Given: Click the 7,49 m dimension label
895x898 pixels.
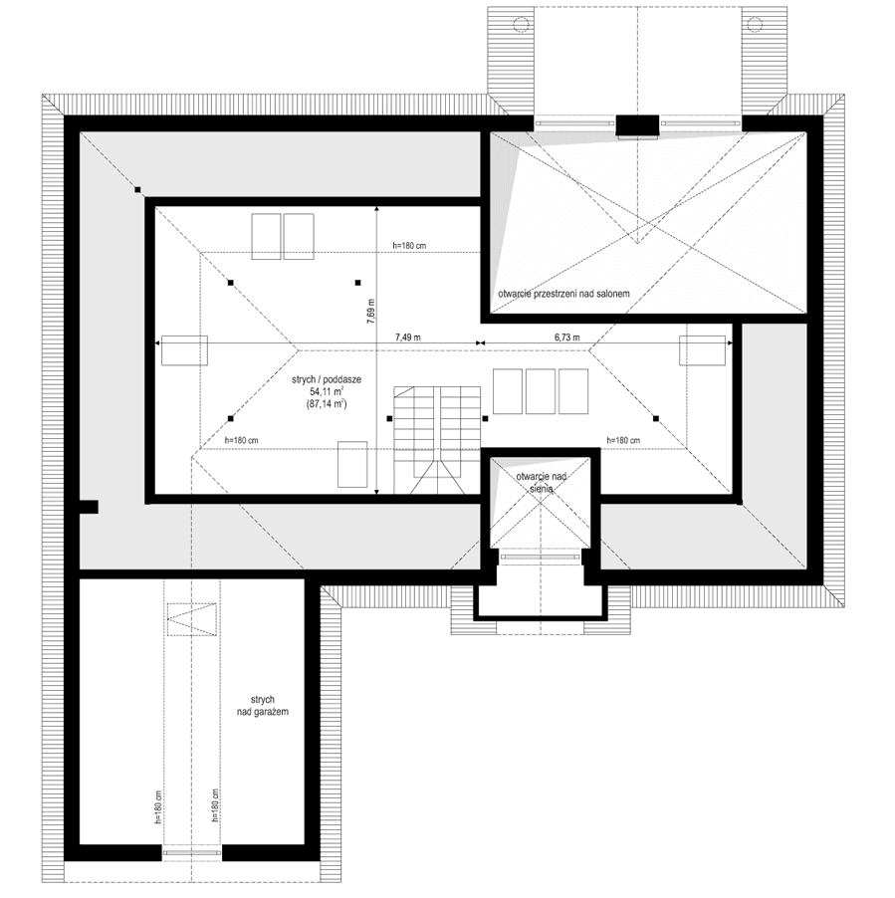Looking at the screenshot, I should pos(408,337).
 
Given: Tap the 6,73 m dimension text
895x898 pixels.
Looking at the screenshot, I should pos(566,337).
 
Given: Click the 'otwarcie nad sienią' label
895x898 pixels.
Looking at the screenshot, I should pos(541,483).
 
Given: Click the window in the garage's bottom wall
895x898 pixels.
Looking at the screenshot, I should pos(191,853).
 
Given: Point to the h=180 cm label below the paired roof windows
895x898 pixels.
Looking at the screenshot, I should pos(411,245).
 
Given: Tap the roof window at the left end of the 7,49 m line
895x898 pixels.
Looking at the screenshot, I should pos(184,351).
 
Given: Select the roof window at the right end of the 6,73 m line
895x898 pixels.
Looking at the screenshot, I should pos(703,351).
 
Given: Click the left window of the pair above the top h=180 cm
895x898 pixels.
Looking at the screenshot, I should pos(266,236).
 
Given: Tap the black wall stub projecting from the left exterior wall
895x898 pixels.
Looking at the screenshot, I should pos(88,507).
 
